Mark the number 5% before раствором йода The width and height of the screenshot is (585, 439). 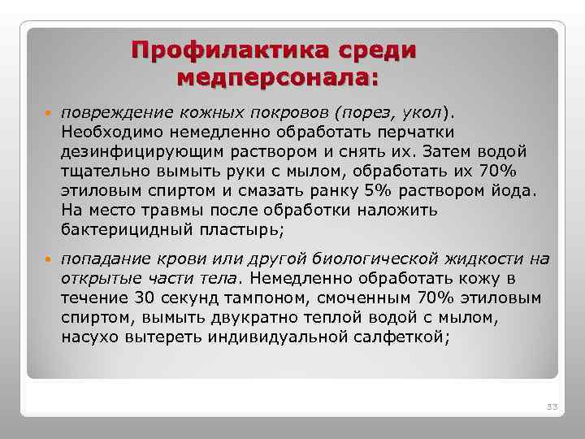point(375,190)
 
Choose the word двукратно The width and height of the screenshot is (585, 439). point(217,318)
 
